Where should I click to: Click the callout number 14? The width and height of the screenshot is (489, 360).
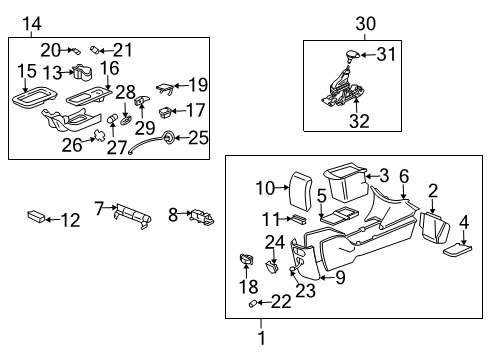(33, 24)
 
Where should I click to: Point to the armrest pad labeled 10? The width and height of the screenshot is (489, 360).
(296, 192)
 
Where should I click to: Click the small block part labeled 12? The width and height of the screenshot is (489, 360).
(37, 216)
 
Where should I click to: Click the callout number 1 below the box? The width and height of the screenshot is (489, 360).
(262, 337)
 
